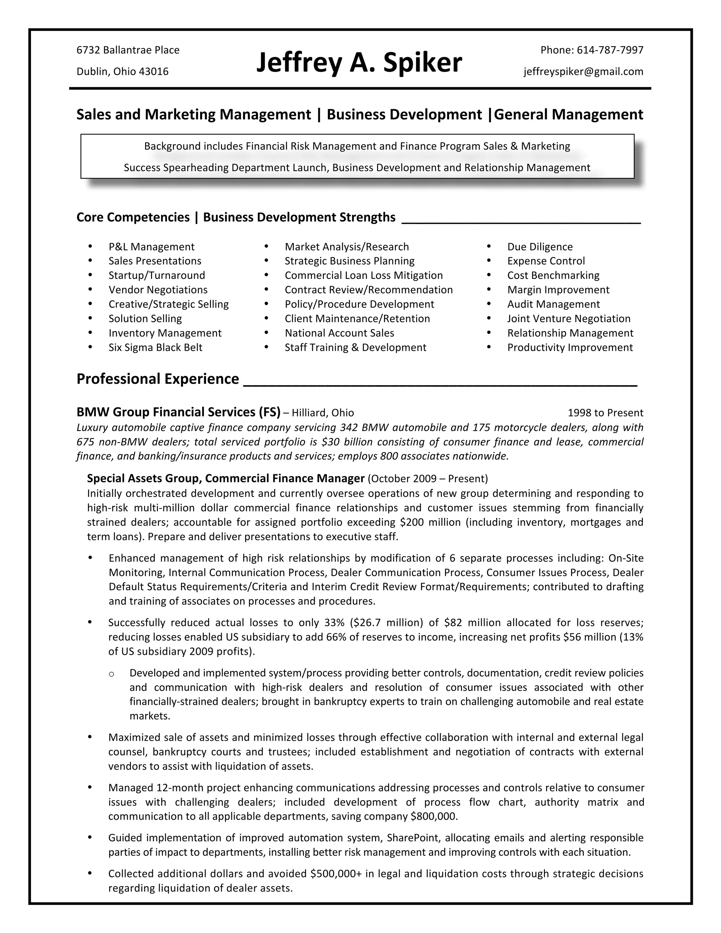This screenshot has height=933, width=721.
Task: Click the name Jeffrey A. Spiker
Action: [359, 62]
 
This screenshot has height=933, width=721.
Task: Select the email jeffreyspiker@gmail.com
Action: [583, 71]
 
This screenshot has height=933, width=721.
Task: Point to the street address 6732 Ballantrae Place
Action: [128, 50]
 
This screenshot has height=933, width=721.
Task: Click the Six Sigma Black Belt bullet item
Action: [155, 347]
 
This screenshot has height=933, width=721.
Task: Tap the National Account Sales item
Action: [339, 333]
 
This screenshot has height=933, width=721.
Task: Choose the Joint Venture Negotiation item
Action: [569, 318]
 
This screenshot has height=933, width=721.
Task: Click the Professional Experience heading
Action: [158, 379]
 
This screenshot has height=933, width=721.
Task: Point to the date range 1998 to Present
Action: [605, 413]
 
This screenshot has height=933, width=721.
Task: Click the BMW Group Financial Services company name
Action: [178, 412]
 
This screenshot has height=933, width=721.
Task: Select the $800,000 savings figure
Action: [433, 816]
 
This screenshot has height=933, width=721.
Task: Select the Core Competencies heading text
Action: [133, 218]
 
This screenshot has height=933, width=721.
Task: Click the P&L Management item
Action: [151, 246]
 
